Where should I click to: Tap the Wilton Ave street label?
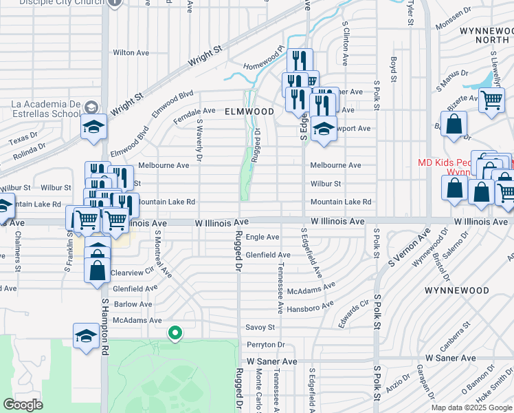(x=131, y=52)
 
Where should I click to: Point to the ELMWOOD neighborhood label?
(x=248, y=111)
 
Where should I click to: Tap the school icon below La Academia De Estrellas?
(x=93, y=127)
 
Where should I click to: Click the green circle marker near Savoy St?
(x=175, y=333)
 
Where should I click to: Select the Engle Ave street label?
(x=262, y=237)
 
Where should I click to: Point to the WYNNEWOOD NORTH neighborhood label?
(x=485, y=36)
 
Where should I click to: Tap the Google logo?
(x=23, y=405)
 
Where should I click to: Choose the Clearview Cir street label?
(x=131, y=273)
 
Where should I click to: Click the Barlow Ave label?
(x=133, y=304)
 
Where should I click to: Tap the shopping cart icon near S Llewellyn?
(x=491, y=100)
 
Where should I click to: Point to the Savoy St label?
(x=261, y=328)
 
